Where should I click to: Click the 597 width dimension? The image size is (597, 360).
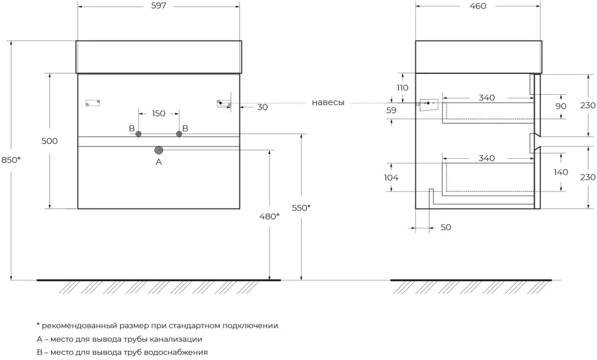pyautogui.click(x=158, y=6)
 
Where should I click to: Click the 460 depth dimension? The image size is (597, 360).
pyautogui.click(x=478, y=6)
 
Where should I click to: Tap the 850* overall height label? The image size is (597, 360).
pyautogui.click(x=10, y=160)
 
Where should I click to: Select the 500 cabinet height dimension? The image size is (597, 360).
pyautogui.click(x=49, y=141)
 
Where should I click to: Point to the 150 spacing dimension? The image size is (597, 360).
pyautogui.click(x=158, y=113)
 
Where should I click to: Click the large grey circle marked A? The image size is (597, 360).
pyautogui.click(x=159, y=150)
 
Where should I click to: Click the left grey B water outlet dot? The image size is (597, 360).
pyautogui.click(x=138, y=134)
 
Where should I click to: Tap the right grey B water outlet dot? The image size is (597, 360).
pyautogui.click(x=179, y=134)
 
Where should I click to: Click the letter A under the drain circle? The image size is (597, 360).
pyautogui.click(x=159, y=162)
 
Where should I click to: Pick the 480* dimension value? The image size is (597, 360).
pyautogui.click(x=269, y=216)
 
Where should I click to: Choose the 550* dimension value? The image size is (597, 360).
pyautogui.click(x=301, y=208)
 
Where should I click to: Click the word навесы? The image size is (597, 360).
pyautogui.click(x=328, y=102)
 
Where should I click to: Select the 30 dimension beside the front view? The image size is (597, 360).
pyautogui.click(x=262, y=107)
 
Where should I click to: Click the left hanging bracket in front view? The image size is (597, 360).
pyautogui.click(x=93, y=103)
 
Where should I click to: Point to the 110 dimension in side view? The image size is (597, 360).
pyautogui.click(x=403, y=87)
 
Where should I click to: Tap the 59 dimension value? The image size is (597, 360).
pyautogui.click(x=391, y=110)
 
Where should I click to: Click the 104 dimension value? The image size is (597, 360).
pyautogui.click(x=391, y=177)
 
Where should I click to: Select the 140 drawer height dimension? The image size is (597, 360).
pyautogui.click(x=561, y=172)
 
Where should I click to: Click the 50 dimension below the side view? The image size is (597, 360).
pyautogui.click(x=446, y=227)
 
